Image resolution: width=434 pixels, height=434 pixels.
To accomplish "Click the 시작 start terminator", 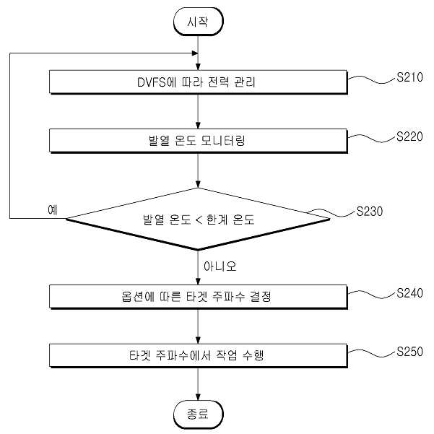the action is pyautogui.click(x=198, y=22).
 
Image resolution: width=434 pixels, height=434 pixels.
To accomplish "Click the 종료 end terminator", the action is pyautogui.click(x=198, y=415).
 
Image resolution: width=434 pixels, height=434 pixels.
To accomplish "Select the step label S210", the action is pyautogui.click(x=409, y=77).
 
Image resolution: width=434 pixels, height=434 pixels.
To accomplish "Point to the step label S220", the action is pyautogui.click(x=409, y=136).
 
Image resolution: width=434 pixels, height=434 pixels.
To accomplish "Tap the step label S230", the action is pyautogui.click(x=370, y=212).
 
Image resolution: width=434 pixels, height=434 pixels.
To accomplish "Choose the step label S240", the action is pyautogui.click(x=409, y=293).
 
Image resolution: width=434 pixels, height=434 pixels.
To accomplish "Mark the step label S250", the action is pyautogui.click(x=409, y=352).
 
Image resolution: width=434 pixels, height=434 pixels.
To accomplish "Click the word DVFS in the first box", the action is pyautogui.click(x=152, y=82).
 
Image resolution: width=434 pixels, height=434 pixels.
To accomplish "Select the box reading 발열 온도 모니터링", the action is pyautogui.click(x=198, y=141).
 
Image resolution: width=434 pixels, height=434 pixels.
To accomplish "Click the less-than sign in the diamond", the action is pyautogui.click(x=199, y=220).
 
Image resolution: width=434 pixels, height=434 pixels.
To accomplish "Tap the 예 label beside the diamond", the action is pyautogui.click(x=53, y=210).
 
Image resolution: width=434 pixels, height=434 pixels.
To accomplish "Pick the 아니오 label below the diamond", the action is pyautogui.click(x=220, y=266).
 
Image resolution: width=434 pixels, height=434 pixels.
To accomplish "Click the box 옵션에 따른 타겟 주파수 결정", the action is pyautogui.click(x=198, y=297).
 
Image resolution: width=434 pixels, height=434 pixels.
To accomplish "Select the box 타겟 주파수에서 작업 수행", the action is pyautogui.click(x=198, y=356).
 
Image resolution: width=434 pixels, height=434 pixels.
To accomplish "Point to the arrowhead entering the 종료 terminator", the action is pyautogui.click(x=198, y=397).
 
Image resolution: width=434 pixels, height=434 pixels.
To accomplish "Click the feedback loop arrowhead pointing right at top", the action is pyautogui.click(x=195, y=53).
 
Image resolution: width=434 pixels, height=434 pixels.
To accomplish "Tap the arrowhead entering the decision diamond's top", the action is pyautogui.click(x=198, y=185).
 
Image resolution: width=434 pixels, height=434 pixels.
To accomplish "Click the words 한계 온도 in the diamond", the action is pyautogui.click(x=230, y=220).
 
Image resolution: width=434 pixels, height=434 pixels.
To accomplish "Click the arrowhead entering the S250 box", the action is pyautogui.click(x=198, y=340).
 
